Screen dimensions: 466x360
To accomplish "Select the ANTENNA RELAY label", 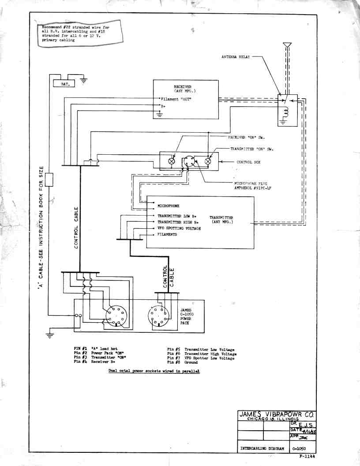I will point(236,57).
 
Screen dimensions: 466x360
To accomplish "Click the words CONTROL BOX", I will point(248,162).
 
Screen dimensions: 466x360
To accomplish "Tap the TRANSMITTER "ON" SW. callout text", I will point(251,149).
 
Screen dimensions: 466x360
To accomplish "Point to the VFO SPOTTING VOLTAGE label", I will point(179,229).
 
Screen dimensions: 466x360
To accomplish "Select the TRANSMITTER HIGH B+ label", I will point(179,223).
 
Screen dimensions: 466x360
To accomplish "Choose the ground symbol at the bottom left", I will point(50,336).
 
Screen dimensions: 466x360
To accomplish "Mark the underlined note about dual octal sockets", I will point(154,371).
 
